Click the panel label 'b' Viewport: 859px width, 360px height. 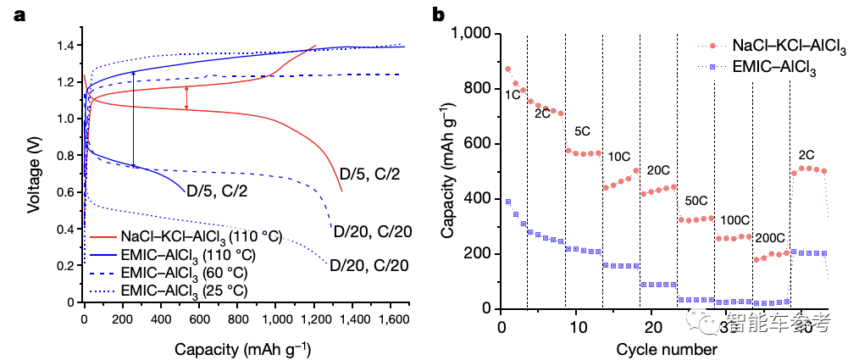click(439, 14)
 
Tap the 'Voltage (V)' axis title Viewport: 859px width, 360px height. click(34, 174)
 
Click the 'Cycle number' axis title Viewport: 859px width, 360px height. click(667, 349)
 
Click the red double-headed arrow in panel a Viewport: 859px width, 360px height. click(186, 98)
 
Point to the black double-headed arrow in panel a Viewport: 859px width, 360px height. click(133, 119)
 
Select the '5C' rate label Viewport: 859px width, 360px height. click(583, 132)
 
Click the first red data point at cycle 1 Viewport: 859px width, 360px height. click(507, 69)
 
